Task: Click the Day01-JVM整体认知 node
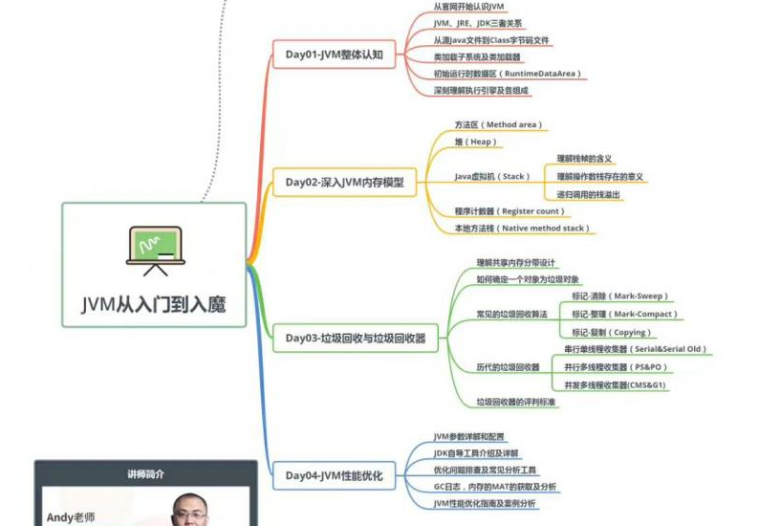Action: pyautogui.click(x=334, y=55)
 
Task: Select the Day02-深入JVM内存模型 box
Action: pyautogui.click(x=344, y=182)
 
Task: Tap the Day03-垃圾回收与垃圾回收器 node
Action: pyautogui.click(x=355, y=337)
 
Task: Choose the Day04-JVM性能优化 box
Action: pyautogui.click(x=334, y=475)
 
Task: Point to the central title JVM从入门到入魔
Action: pyautogui.click(x=155, y=304)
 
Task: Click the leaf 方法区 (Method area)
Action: pyautogui.click(x=498, y=125)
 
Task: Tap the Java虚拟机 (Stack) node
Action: pyautogui.click(x=491, y=176)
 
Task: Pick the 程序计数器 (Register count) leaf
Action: pyautogui.click(x=510, y=210)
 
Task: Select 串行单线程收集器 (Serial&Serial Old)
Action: pyautogui.click(x=635, y=350)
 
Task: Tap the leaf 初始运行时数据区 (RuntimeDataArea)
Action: pyautogui.click(x=507, y=73)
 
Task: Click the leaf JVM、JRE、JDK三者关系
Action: pyautogui.click(x=478, y=23)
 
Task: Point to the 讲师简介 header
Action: pyautogui.click(x=145, y=473)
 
